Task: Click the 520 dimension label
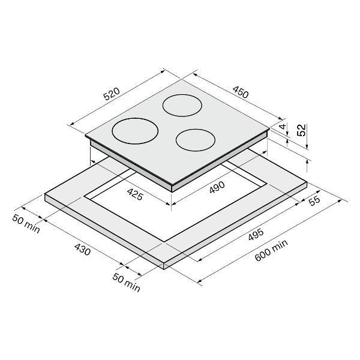coord(112,94)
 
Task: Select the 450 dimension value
coord(241,92)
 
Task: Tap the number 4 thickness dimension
coord(283,126)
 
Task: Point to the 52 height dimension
coord(301,130)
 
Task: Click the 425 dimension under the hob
coord(136,194)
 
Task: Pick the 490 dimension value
coord(217,187)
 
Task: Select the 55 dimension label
coord(314,200)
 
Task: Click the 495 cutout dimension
coord(256,235)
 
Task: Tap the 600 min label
coord(271,250)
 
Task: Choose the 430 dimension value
coord(82,250)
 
